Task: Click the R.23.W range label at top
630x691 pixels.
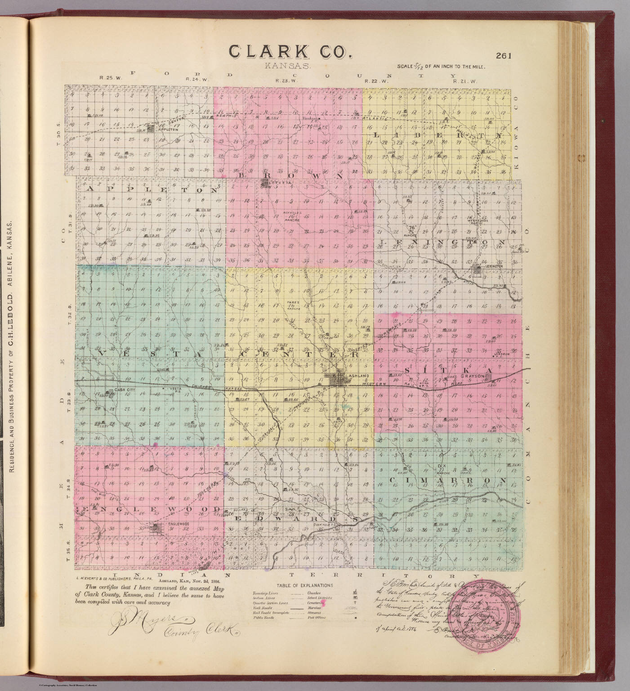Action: (284, 81)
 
